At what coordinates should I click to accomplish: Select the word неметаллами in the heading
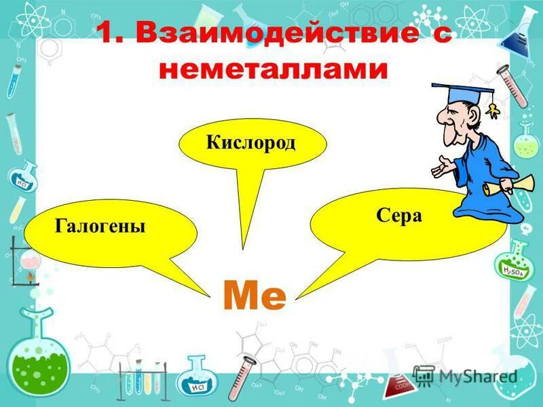pyautogui.click(x=271, y=70)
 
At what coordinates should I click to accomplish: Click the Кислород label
pyautogui.click(x=251, y=144)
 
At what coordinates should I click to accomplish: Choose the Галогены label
pyautogui.click(x=100, y=226)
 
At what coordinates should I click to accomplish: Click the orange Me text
pyautogui.click(x=255, y=296)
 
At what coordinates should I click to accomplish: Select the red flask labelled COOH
pyautogui.click(x=401, y=383)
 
